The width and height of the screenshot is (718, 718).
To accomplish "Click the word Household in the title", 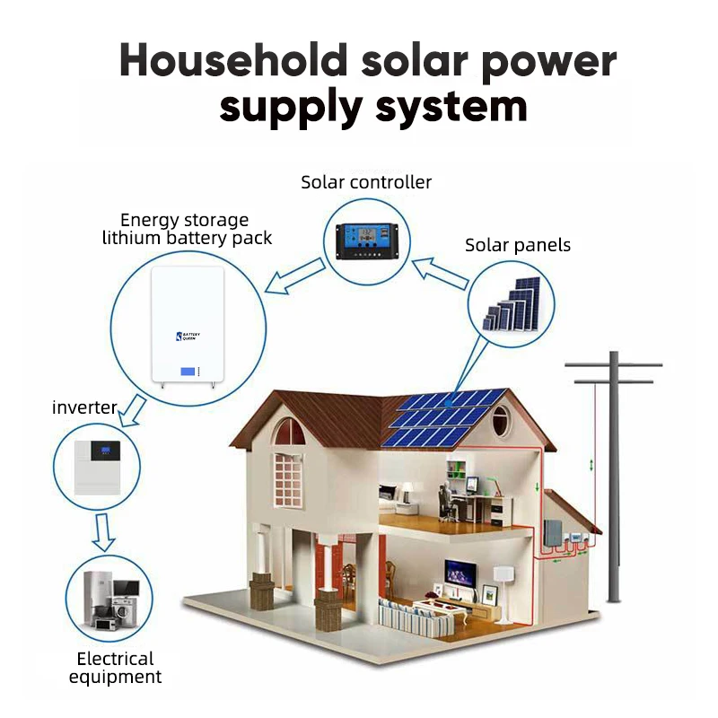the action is pyautogui.click(x=232, y=61).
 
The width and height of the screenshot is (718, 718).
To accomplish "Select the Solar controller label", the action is pyautogui.click(x=366, y=182).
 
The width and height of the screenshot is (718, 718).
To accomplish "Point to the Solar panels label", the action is pyautogui.click(x=517, y=245).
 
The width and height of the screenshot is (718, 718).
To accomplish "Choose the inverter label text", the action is pyautogui.click(x=84, y=408).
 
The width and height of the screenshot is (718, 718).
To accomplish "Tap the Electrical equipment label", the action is pyautogui.click(x=115, y=668).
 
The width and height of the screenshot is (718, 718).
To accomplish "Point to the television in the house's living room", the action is pyautogui.click(x=460, y=571).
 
